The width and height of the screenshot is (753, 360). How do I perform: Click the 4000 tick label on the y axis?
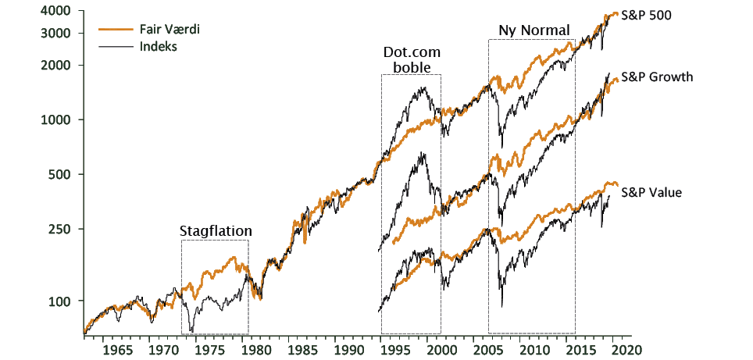coord(59,12)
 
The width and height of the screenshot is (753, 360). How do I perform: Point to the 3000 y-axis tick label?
coord(59,34)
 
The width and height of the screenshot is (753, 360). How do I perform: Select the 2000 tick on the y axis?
coord(59,66)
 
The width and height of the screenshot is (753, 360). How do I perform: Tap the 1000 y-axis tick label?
coord(59,120)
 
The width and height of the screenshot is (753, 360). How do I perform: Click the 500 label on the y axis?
coord(62,174)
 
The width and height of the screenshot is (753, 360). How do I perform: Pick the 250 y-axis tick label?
coord(62,229)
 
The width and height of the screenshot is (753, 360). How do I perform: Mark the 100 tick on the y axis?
coord(62,301)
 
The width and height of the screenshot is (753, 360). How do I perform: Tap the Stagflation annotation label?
coord(216,231)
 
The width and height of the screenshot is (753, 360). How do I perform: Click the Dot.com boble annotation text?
coord(412,60)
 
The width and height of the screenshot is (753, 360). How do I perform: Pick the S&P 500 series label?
coord(647,15)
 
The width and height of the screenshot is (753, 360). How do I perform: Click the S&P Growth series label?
coord(656,77)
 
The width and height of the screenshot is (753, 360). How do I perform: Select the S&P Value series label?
coord(652,191)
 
